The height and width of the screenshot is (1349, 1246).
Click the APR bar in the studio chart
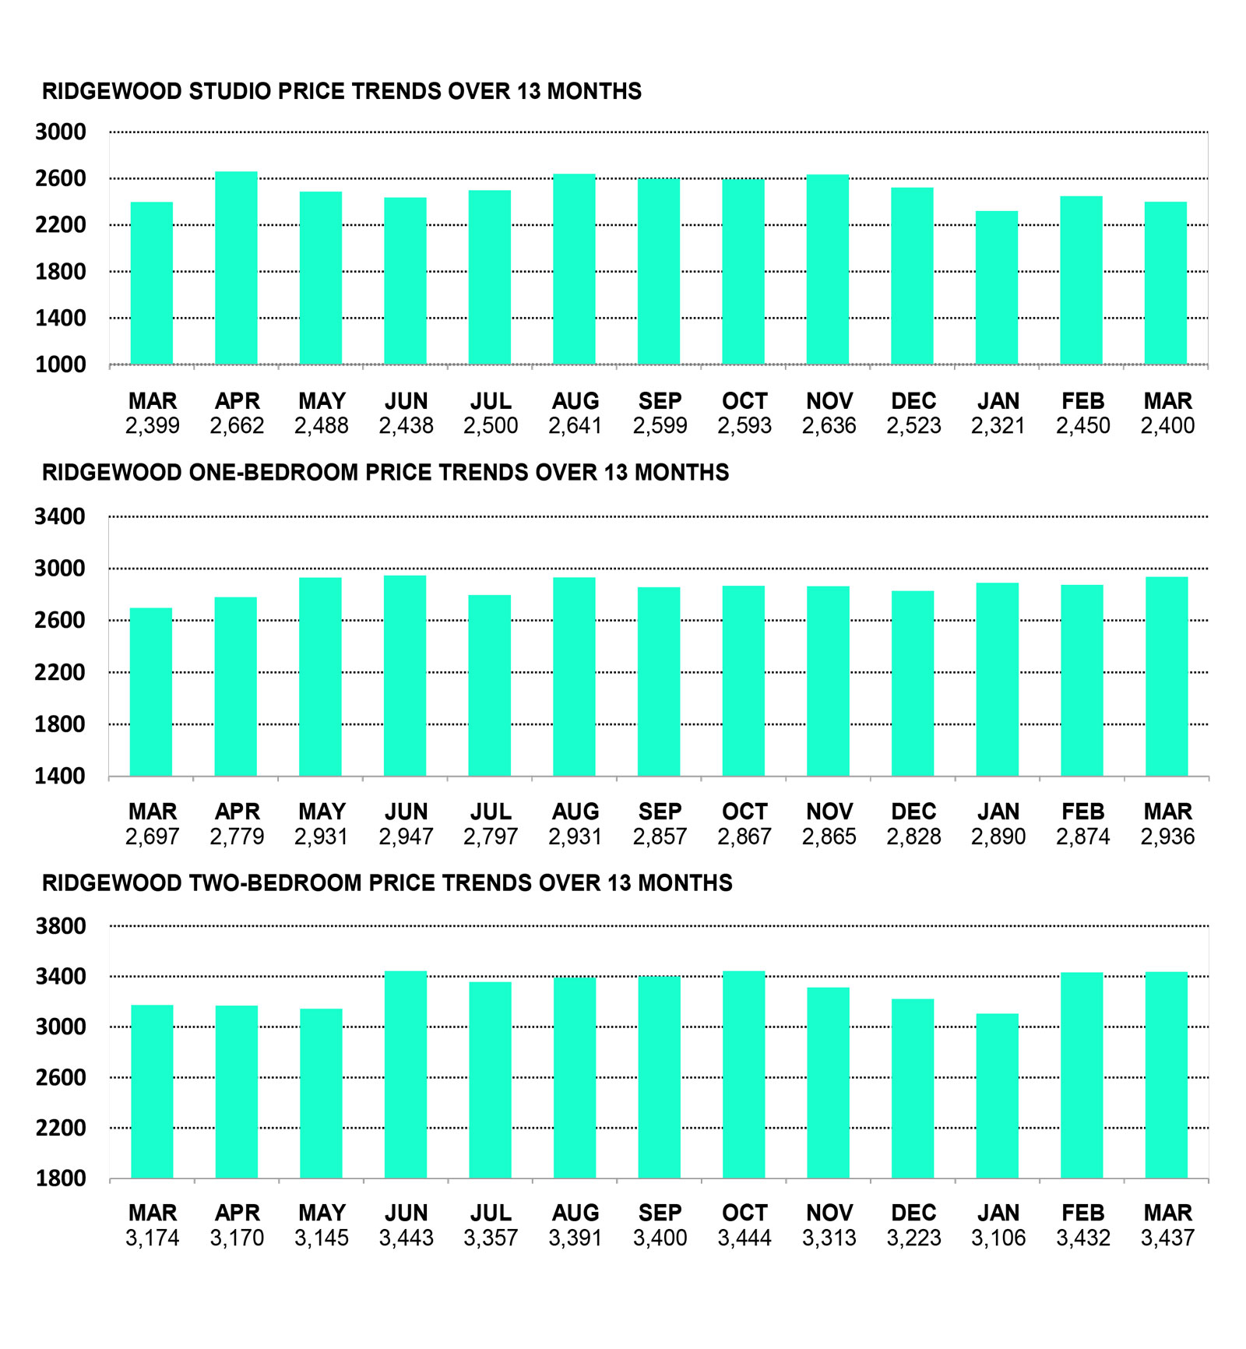pos(236,268)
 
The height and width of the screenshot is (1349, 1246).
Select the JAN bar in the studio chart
pos(997,287)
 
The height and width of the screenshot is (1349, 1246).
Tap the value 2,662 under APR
pos(237,426)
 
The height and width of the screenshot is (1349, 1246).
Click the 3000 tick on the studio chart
pos(61,132)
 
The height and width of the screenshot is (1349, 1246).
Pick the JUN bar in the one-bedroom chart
pos(405,676)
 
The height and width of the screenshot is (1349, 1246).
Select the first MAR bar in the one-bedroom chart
pos(151,692)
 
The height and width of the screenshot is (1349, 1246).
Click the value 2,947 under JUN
pos(406,837)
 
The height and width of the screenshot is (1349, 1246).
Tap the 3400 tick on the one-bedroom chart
pos(60,516)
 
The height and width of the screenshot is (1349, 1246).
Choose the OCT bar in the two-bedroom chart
pos(744,1075)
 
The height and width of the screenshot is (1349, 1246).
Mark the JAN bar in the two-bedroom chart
pos(997,1096)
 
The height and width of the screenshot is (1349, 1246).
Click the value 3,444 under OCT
pos(744,1238)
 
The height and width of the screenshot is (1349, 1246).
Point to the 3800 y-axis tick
pos(61,926)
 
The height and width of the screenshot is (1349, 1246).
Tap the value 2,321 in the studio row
pos(998,426)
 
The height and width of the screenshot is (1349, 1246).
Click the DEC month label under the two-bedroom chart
pos(913,1213)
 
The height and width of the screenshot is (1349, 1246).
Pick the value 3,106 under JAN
pos(998,1238)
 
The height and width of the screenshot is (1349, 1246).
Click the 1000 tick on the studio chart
pos(61,365)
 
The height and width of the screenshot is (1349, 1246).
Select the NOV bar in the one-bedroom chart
pos(828,682)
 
